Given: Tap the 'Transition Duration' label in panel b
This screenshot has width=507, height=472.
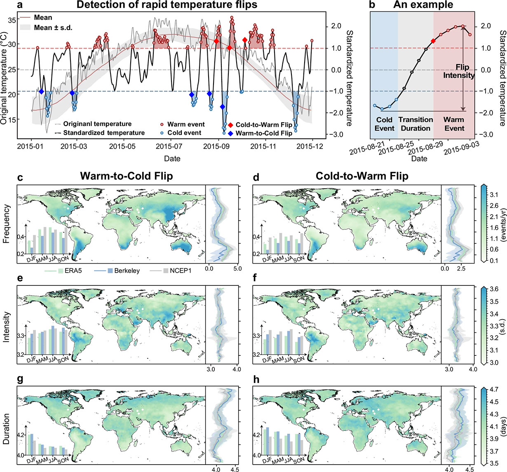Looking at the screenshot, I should tap(415, 124).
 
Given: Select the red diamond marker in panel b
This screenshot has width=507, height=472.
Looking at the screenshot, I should tap(433, 41).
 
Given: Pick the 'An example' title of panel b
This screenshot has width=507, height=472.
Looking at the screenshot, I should tap(423, 5).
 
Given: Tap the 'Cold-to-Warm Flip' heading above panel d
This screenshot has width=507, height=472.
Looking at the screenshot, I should tap(362, 176).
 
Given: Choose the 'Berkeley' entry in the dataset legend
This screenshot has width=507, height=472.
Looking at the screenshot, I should tap(126, 271).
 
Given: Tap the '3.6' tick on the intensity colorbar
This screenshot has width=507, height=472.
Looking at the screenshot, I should tap(493, 289).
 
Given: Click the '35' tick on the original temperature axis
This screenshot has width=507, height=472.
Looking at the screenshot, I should tap(10, 20).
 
